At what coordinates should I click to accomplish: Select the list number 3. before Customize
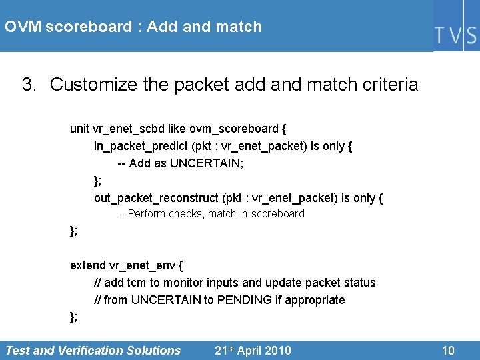[x=29, y=85]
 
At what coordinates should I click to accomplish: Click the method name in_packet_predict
[x=141, y=146]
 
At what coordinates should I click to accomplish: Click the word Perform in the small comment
[x=147, y=214]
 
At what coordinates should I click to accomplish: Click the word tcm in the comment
[x=137, y=283]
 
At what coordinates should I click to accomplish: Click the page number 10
[x=449, y=351]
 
